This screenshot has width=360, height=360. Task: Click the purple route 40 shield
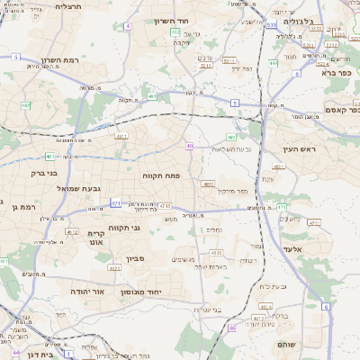coord(189,146)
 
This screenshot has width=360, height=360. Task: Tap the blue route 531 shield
coord(271,26)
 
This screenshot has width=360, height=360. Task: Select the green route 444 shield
coord(274,64)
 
